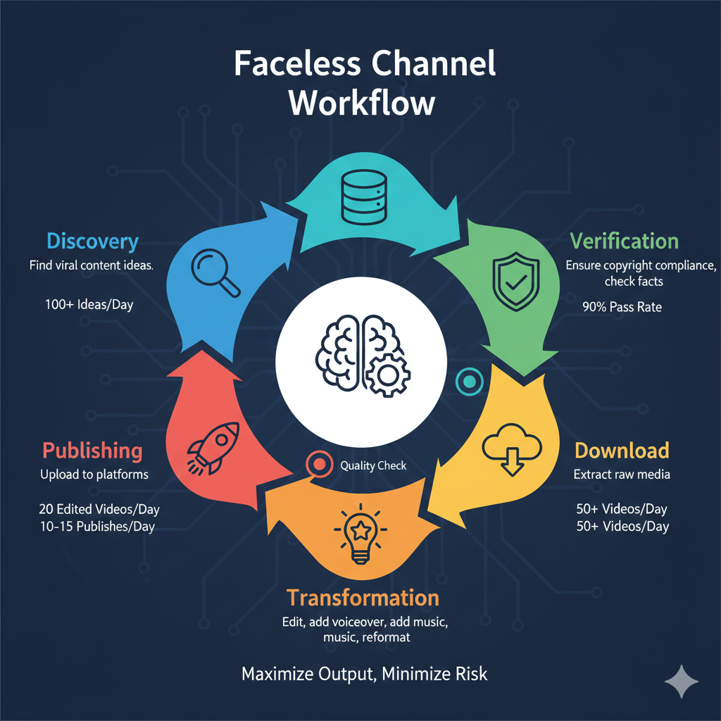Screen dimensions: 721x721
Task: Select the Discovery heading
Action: click(x=92, y=242)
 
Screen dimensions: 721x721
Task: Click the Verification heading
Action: click(x=624, y=242)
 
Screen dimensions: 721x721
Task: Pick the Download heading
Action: click(x=621, y=451)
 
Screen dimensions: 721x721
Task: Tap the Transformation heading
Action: click(x=363, y=598)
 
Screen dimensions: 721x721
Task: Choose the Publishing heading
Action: click(x=92, y=451)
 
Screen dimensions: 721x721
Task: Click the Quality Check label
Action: click(x=373, y=465)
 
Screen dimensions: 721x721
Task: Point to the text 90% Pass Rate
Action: click(x=622, y=307)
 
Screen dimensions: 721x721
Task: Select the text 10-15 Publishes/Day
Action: click(x=98, y=527)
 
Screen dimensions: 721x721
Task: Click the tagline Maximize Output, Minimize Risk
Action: click(x=364, y=674)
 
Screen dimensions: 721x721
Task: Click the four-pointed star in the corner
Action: click(x=682, y=682)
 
